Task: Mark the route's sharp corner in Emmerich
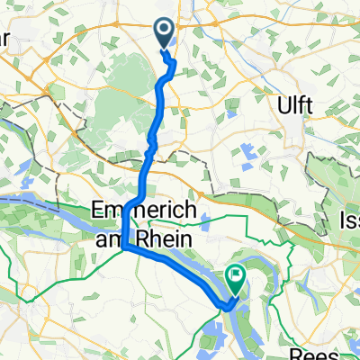pos(129,245)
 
